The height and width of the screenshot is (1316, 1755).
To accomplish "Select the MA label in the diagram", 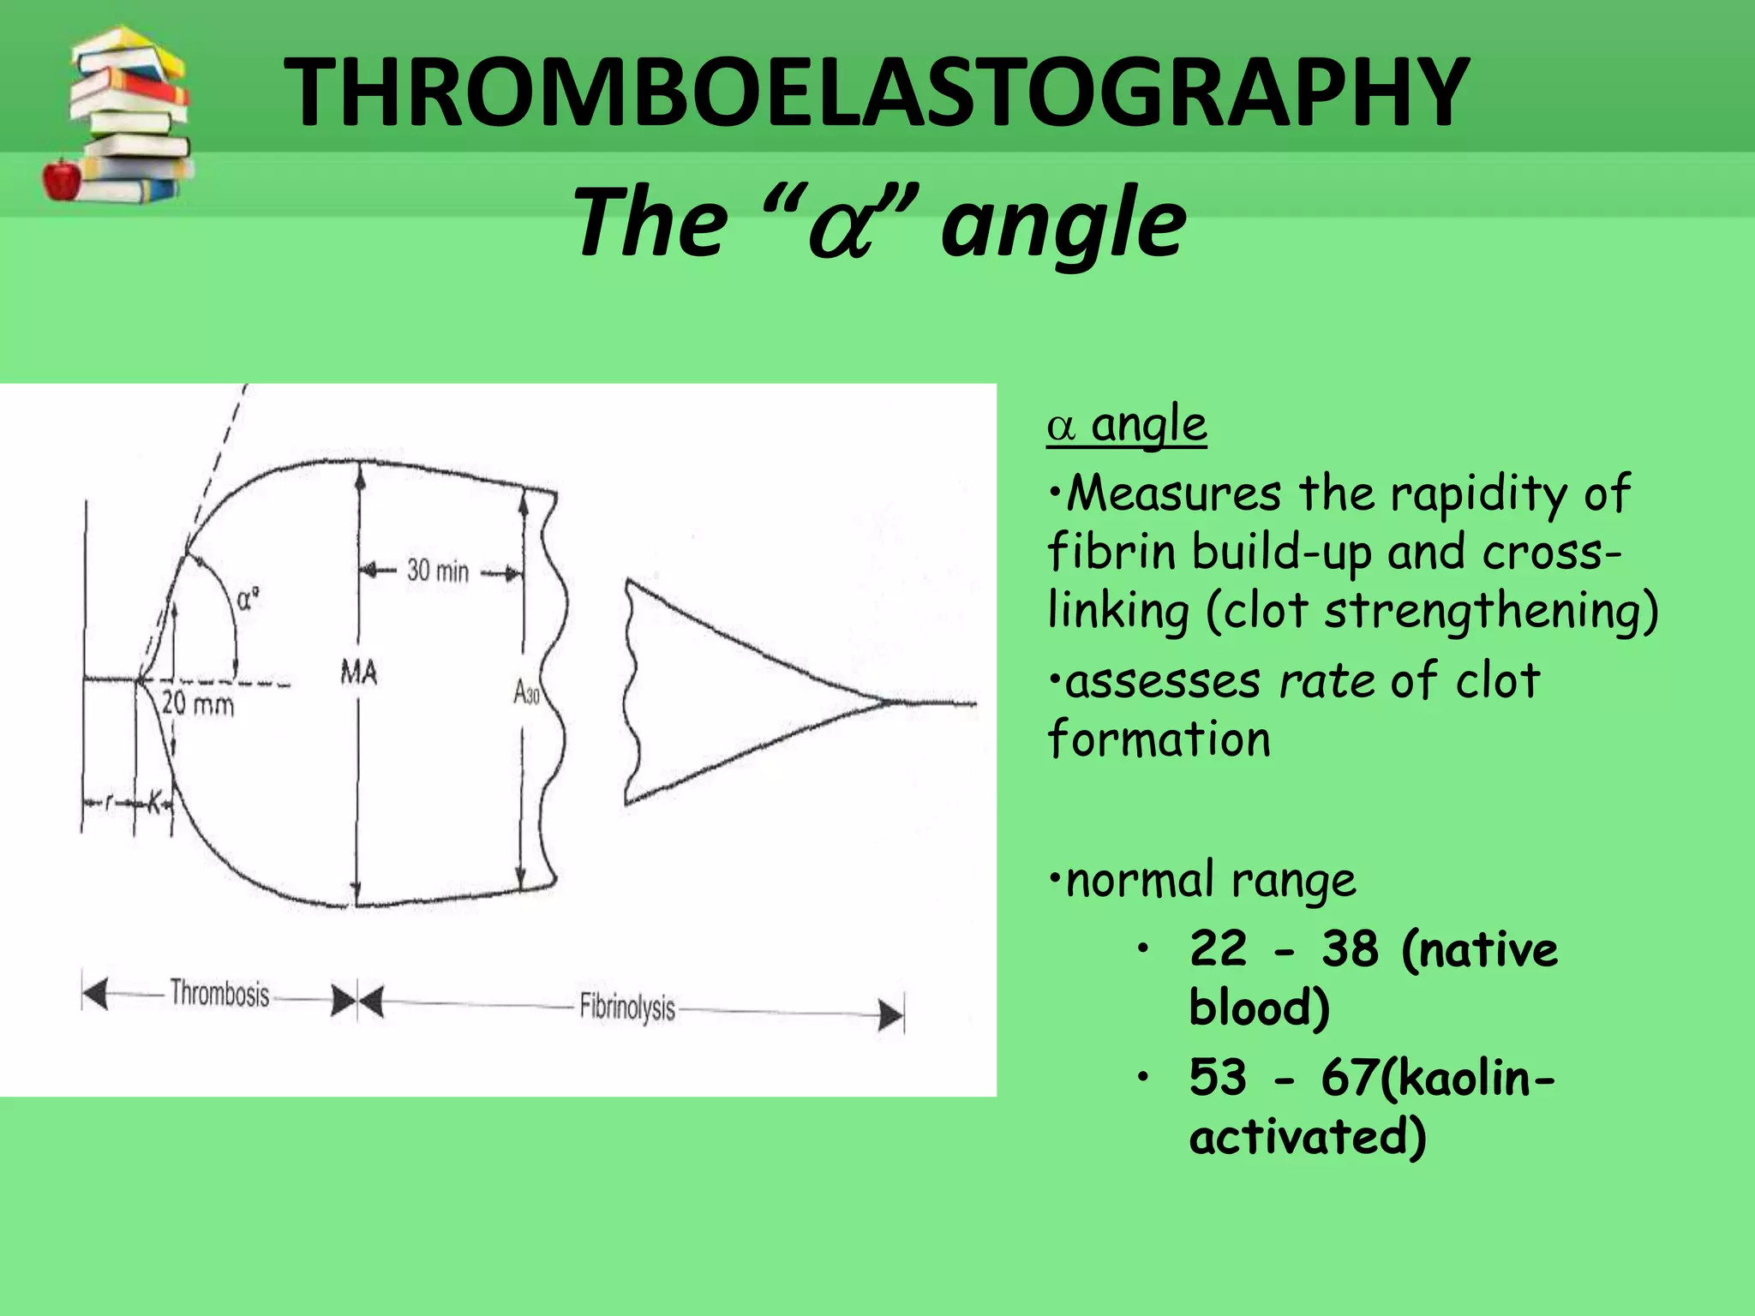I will click(x=358, y=673).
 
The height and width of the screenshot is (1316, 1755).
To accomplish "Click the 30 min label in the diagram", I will click(x=438, y=571).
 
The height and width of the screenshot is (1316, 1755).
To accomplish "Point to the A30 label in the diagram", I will click(x=526, y=691).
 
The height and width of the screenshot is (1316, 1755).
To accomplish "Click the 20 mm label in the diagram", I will click(x=198, y=704).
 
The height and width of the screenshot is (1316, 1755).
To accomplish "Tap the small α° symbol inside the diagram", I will click(x=248, y=599).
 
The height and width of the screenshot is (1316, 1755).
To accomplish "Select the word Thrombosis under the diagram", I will click(x=219, y=994).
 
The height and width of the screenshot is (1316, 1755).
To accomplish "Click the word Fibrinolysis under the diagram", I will click(x=627, y=1007).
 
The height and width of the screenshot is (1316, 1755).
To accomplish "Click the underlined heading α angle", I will click(x=1127, y=425).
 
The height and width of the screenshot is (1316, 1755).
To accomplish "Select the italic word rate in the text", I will click(x=1327, y=682).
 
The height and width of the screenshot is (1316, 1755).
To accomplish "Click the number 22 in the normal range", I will click(x=1218, y=949).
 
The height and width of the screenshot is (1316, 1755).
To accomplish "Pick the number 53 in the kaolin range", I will click(x=1218, y=1077).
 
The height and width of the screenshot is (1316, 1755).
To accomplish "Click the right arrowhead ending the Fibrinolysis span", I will click(x=892, y=1017).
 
